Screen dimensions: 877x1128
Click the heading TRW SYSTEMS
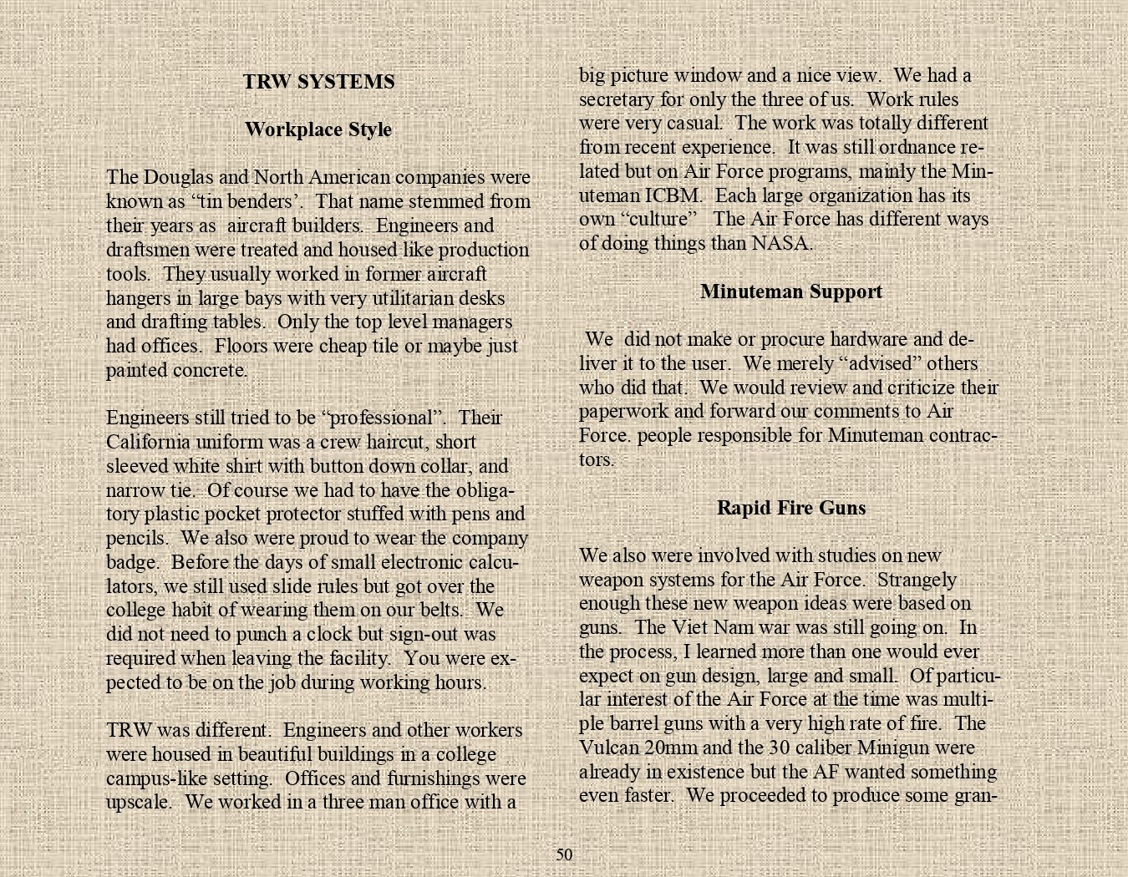(x=318, y=82)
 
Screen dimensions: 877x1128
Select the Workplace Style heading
(x=318, y=129)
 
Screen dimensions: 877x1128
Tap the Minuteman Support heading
(x=790, y=291)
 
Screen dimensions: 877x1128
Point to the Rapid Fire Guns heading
(x=790, y=508)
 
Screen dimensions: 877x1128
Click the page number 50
(x=565, y=854)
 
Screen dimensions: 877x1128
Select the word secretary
(x=617, y=99)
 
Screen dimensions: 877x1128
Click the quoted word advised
(x=884, y=364)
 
